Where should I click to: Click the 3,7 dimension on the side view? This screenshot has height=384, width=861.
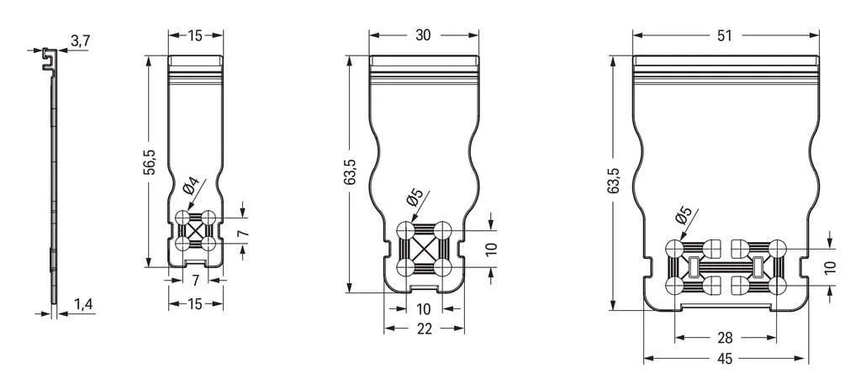pyautogui.click(x=80, y=42)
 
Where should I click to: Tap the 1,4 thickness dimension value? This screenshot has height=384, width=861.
pyautogui.click(x=82, y=305)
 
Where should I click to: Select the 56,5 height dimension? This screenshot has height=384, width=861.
pyautogui.click(x=150, y=161)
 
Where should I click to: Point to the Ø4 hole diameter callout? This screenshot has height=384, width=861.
pyautogui.click(x=194, y=187)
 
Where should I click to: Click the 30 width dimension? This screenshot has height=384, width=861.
pyautogui.click(x=423, y=35)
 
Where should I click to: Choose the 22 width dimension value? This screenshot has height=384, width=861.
pyautogui.click(x=425, y=329)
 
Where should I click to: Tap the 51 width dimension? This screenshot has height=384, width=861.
pyautogui.click(x=725, y=35)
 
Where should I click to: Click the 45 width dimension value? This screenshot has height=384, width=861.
pyautogui.click(x=725, y=360)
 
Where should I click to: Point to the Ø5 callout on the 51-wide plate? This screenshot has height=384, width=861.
pyautogui.click(x=684, y=215)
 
